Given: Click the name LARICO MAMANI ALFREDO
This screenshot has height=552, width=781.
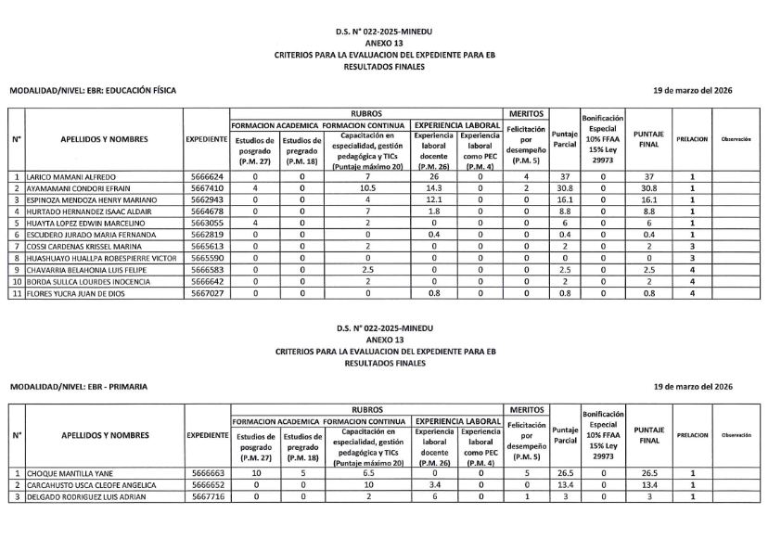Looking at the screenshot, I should click(x=71, y=175).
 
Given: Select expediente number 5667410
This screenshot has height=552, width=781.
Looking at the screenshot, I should click(x=206, y=187).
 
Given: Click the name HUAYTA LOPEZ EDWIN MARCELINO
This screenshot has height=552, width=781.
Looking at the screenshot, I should click(x=85, y=224).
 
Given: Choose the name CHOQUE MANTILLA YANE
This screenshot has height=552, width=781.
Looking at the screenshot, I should click(x=70, y=472).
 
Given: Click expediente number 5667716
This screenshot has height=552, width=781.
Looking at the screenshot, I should click(x=206, y=496).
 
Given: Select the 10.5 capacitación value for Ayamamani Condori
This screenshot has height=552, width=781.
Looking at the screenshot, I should click(x=367, y=187).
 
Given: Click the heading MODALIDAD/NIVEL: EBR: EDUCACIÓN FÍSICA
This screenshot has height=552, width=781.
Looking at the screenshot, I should click(x=92, y=90).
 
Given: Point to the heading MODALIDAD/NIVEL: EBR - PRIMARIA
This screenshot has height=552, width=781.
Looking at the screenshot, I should click(x=78, y=386).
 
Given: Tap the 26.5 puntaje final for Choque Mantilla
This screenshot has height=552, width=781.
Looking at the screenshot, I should click(x=649, y=472).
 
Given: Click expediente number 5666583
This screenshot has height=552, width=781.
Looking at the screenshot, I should click(x=206, y=271).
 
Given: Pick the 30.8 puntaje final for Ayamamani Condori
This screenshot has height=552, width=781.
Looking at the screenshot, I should click(x=649, y=187).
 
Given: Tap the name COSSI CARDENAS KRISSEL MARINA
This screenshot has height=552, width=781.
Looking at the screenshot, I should click(x=82, y=248).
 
